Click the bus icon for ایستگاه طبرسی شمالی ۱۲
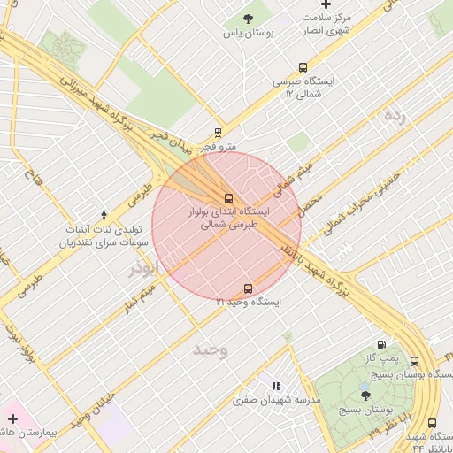coord(303,67)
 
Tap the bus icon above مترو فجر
coord(219,133)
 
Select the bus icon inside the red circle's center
coord(228,198)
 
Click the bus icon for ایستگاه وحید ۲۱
coord(247,288)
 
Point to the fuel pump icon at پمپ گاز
coord(381,345)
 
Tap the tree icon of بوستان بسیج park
coord(365,395)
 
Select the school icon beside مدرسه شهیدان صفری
coord(275,386)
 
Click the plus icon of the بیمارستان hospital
coord(12,418)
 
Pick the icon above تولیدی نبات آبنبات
coord(104,215)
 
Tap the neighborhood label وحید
coord(211,349)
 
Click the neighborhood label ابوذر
coord(142,266)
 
